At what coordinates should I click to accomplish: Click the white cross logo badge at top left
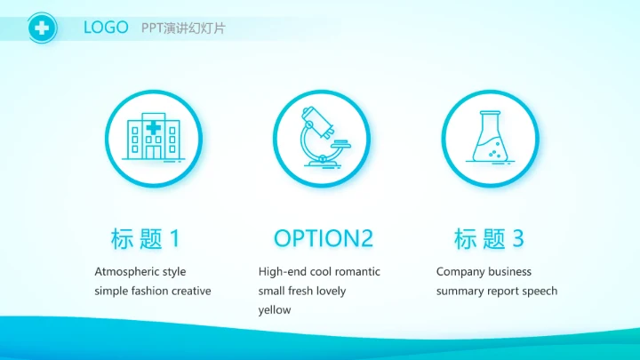(x=41, y=28)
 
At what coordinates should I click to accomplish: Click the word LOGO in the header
(x=106, y=28)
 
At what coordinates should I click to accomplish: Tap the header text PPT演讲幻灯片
(x=183, y=28)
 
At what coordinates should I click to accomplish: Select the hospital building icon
(x=154, y=139)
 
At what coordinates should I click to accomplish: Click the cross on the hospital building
(x=154, y=129)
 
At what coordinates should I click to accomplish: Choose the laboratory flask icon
(x=489, y=139)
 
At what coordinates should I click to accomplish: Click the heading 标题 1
(x=146, y=238)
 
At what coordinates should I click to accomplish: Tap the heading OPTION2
(x=323, y=238)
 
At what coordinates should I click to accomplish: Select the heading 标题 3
(x=489, y=238)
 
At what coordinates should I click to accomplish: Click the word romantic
(x=356, y=271)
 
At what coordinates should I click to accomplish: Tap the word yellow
(x=275, y=310)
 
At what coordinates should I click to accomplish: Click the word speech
(x=539, y=291)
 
